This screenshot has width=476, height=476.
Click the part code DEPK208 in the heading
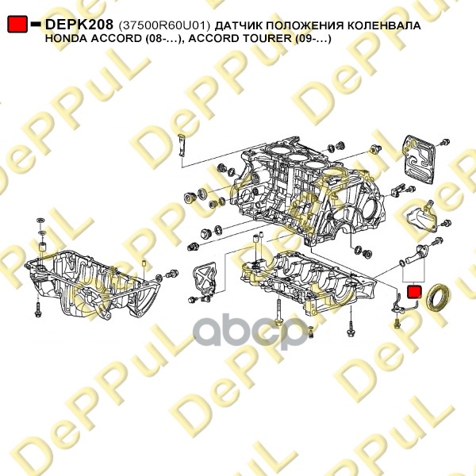(x=79, y=25)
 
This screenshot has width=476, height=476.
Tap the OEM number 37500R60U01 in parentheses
(x=164, y=26)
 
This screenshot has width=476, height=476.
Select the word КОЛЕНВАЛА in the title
(x=384, y=26)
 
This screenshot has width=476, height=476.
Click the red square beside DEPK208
(x=17, y=24)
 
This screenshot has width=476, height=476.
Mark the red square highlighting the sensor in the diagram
(x=414, y=292)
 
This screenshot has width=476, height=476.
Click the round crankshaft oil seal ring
(x=438, y=297)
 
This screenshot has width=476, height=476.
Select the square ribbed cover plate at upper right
(x=418, y=159)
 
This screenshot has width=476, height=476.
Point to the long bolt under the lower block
(x=279, y=313)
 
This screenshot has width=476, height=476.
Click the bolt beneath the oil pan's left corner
(x=37, y=309)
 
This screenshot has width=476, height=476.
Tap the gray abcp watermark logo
(x=251, y=331)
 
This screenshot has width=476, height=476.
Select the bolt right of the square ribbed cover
(x=445, y=142)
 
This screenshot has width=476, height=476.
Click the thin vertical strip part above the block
(x=182, y=145)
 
